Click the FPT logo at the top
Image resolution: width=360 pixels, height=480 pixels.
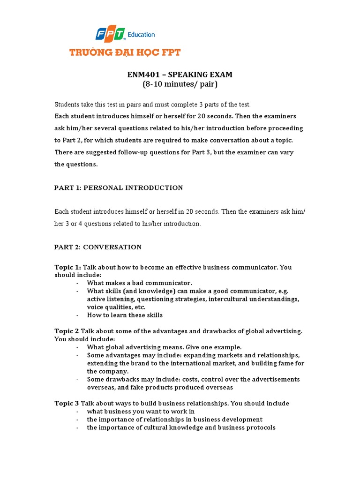pyautogui.click(x=111, y=34)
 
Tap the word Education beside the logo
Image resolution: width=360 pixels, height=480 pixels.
pyautogui.click(x=141, y=35)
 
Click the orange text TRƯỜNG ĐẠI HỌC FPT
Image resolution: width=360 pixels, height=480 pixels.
pyautogui.click(x=125, y=52)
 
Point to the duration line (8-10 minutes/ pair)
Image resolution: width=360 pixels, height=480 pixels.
pyautogui.click(x=180, y=84)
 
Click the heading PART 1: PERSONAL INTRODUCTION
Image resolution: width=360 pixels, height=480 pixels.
pyautogui.click(x=119, y=187)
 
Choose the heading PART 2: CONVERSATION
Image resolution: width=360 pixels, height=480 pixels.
pyautogui.click(x=98, y=247)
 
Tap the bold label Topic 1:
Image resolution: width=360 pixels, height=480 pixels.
pyautogui.click(x=67, y=267)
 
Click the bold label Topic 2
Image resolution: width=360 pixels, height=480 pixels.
pyautogui.click(x=67, y=331)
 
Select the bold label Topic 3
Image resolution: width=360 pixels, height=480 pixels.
pyautogui.click(x=67, y=403)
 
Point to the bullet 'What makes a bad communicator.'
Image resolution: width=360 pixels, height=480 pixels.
pyautogui.click(x=140, y=283)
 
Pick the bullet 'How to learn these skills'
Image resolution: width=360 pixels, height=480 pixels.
pyautogui.click(x=125, y=315)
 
